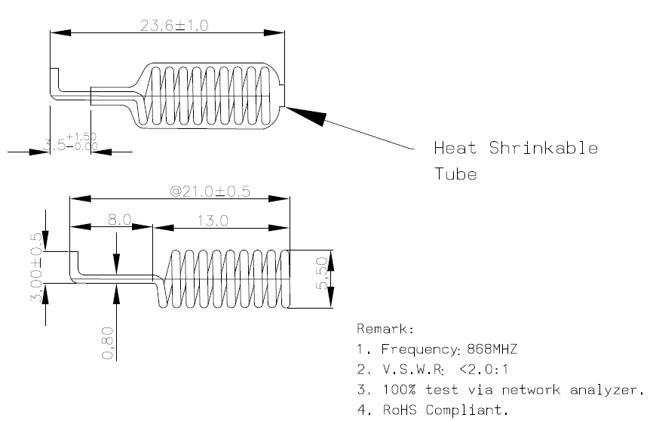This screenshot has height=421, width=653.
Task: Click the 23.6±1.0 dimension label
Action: (174, 25)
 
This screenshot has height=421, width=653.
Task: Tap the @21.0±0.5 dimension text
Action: (210, 192)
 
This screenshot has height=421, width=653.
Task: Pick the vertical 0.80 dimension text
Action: (107, 343)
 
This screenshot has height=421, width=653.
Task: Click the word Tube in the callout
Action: (455, 174)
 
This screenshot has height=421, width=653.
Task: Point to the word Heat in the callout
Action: (455, 148)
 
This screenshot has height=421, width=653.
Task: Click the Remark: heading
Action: (384, 330)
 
